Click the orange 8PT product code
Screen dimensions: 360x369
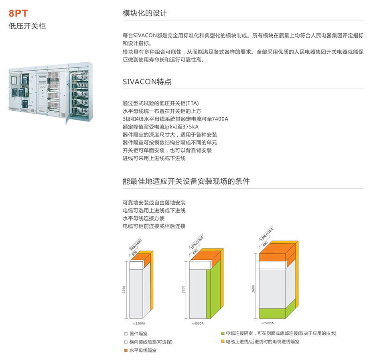point(18,13)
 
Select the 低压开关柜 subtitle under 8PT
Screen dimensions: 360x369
point(27,26)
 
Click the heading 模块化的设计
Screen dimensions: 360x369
point(145,13)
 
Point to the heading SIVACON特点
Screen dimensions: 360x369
point(147,81)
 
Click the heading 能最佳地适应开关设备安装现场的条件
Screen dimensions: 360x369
point(186,181)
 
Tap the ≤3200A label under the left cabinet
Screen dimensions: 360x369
point(139,323)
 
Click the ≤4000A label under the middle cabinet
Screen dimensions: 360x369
point(197,323)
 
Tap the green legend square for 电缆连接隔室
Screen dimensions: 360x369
point(223,333)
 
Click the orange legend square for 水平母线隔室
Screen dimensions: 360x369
point(126,350)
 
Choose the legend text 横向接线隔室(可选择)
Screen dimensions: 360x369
point(151,342)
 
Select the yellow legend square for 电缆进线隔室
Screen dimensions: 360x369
point(223,342)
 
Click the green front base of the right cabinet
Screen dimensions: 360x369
point(273,313)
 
